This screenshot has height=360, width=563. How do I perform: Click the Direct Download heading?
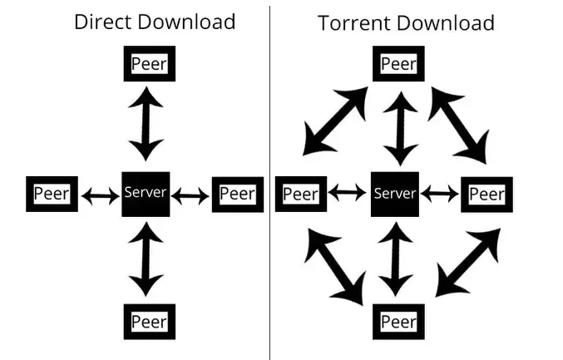[x=155, y=22]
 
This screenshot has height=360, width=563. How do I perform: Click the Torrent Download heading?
[x=406, y=22]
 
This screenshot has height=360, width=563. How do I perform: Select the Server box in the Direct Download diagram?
[x=146, y=194]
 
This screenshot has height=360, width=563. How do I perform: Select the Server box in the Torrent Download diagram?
[x=394, y=194]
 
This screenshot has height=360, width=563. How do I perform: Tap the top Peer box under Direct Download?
[x=150, y=63]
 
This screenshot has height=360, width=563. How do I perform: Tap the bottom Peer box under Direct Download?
[x=150, y=321]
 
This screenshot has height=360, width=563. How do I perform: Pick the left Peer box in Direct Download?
[x=52, y=194]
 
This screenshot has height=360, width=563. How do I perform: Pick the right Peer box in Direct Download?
[x=238, y=195]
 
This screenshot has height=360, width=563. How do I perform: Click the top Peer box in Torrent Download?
[x=398, y=63]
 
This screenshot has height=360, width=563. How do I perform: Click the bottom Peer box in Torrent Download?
[x=398, y=322]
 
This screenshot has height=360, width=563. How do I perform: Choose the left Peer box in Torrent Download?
[x=300, y=194]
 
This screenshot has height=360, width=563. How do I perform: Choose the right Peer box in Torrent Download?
[x=486, y=195]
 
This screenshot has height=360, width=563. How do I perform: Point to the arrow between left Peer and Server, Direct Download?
[x=100, y=195]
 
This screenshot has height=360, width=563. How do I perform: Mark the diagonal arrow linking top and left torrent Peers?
[x=334, y=121]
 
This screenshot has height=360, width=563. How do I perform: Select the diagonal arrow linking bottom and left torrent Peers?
[x=336, y=266]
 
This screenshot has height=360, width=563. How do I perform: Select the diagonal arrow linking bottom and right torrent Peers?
[x=467, y=263]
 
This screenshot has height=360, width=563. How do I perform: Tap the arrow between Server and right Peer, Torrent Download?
[x=440, y=195]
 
